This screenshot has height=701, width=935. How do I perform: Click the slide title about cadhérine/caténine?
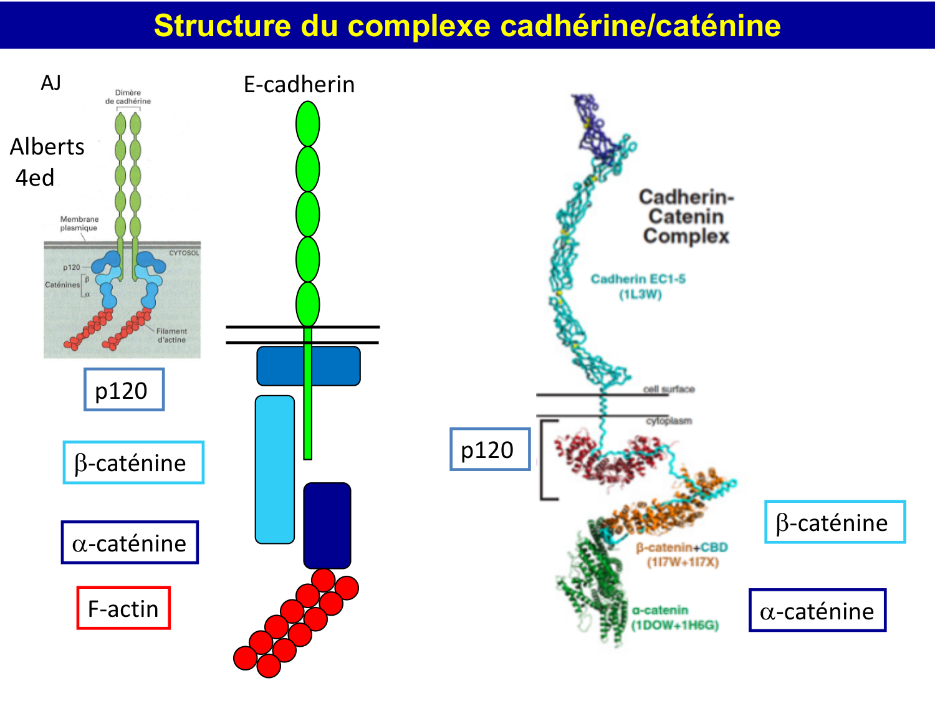click(467, 26)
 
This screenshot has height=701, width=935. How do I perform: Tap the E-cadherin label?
click(299, 84)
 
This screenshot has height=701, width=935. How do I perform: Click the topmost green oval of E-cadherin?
click(307, 124)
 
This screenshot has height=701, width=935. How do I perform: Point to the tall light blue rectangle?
click(275, 469)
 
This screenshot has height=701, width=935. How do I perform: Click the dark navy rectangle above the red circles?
click(327, 525)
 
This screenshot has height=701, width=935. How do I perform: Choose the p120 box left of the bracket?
click(490, 449)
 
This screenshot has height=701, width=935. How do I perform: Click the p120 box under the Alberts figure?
click(124, 390)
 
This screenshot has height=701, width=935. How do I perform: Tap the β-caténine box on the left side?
click(133, 463)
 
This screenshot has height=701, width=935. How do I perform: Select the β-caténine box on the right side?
click(835, 522)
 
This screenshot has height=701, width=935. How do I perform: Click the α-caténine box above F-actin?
click(130, 543)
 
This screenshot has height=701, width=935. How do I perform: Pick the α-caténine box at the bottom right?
click(817, 611)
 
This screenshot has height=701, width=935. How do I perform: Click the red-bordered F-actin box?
click(123, 608)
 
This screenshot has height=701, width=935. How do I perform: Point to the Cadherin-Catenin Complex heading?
click(686, 216)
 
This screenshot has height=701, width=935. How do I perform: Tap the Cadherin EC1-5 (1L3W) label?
click(638, 286)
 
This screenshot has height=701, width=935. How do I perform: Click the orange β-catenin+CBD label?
click(682, 555)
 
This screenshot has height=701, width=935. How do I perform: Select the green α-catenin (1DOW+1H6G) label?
click(675, 618)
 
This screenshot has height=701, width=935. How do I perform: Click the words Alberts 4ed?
click(46, 162)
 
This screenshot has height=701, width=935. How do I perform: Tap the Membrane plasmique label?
click(79, 224)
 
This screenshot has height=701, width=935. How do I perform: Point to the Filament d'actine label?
click(171, 335)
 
